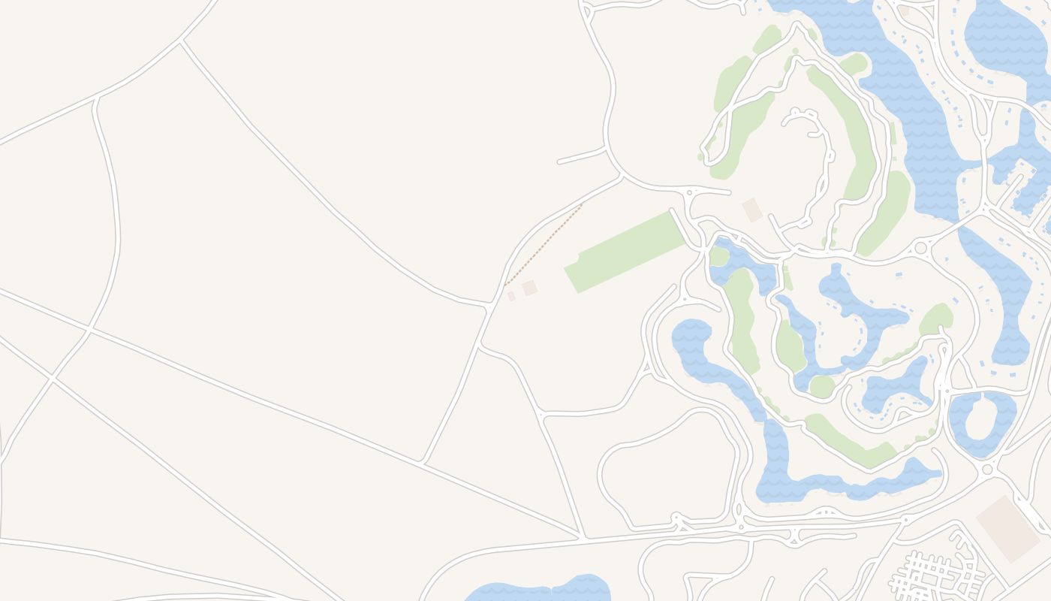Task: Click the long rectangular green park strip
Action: [x=625, y=252]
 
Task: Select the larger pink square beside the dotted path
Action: [x=530, y=288]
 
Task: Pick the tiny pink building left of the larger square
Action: [x=511, y=297]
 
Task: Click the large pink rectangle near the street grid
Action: [x=1008, y=529]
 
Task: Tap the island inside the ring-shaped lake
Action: [x=980, y=419]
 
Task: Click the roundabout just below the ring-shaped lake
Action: [x=987, y=470]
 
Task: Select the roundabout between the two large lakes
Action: [x=920, y=248]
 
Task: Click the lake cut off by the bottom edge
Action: [x=537, y=590]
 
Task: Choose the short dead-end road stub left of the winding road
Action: [x=580, y=157]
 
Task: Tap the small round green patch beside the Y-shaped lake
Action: [x=822, y=387]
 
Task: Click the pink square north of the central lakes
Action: [x=751, y=210]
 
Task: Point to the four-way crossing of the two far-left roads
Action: [x=89, y=328]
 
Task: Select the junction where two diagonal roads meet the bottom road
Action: [x=583, y=536]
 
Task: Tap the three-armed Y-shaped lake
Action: [x=863, y=316]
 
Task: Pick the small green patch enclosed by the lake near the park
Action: [x=719, y=256]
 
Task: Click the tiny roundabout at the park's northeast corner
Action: [x=689, y=194]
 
